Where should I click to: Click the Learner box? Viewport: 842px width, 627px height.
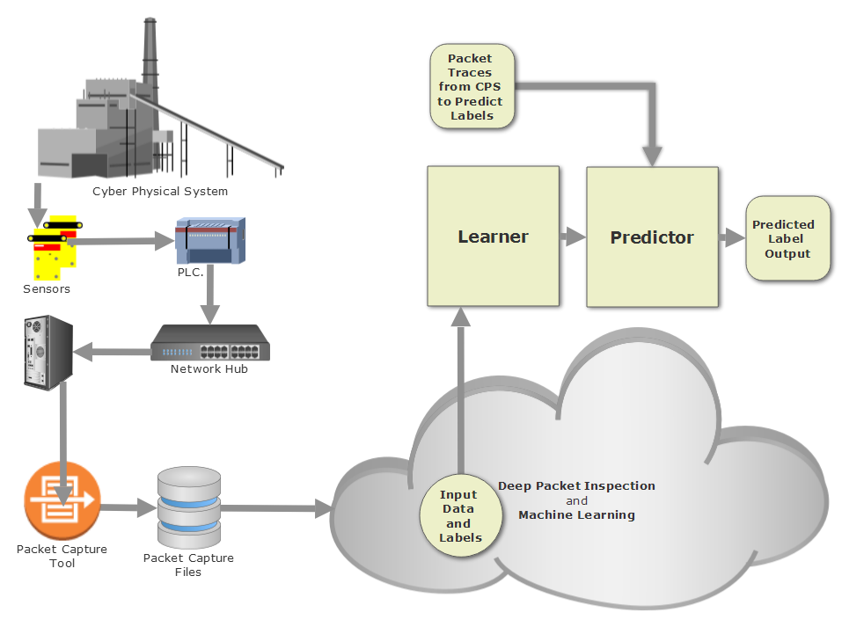click(493, 236)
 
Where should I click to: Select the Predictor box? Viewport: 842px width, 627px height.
click(652, 237)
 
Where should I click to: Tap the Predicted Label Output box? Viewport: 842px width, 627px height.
click(787, 238)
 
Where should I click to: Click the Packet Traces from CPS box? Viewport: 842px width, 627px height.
click(472, 86)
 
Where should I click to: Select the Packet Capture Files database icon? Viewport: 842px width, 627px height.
click(188, 507)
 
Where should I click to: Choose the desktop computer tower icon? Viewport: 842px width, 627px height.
click(47, 353)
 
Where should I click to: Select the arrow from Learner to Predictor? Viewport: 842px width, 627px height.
click(573, 236)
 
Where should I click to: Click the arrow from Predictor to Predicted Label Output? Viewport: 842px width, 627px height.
click(731, 237)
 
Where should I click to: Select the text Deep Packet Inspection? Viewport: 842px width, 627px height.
click(576, 485)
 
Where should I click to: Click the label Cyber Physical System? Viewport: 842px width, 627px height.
click(160, 191)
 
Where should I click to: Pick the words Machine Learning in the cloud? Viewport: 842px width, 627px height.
click(576, 514)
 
